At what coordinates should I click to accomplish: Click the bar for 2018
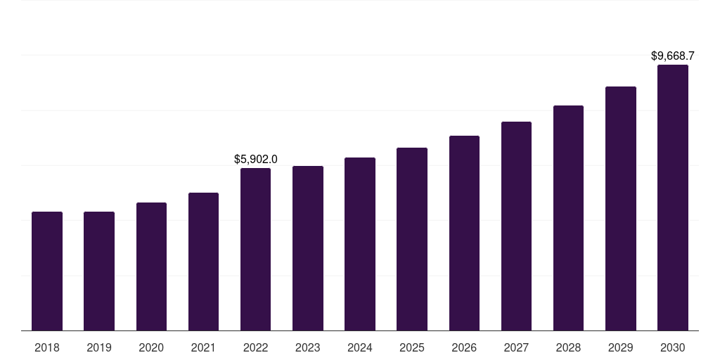tap(47, 271)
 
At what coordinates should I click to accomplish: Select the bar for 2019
tap(99, 271)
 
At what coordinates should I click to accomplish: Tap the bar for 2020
tap(151, 266)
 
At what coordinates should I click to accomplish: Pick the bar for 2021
tap(203, 262)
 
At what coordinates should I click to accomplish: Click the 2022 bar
tap(255, 249)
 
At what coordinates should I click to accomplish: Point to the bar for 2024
tap(360, 244)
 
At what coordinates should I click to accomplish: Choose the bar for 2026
tap(464, 233)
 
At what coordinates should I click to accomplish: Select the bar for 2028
tap(568, 218)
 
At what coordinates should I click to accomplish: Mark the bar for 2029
tap(620, 208)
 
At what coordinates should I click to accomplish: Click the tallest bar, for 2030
tap(672, 198)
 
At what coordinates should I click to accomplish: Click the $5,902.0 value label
tap(255, 160)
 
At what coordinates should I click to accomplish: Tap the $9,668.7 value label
tap(672, 56)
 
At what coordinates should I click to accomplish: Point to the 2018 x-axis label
tap(47, 347)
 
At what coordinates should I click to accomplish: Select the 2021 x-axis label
tap(203, 347)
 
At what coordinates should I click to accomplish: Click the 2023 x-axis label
tap(307, 347)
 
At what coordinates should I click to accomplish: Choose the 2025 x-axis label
tap(412, 347)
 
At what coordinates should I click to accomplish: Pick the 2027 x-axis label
tap(516, 347)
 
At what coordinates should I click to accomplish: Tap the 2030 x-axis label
tap(672, 347)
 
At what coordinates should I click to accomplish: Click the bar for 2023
tap(307, 248)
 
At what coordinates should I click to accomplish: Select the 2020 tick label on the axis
tap(151, 347)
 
